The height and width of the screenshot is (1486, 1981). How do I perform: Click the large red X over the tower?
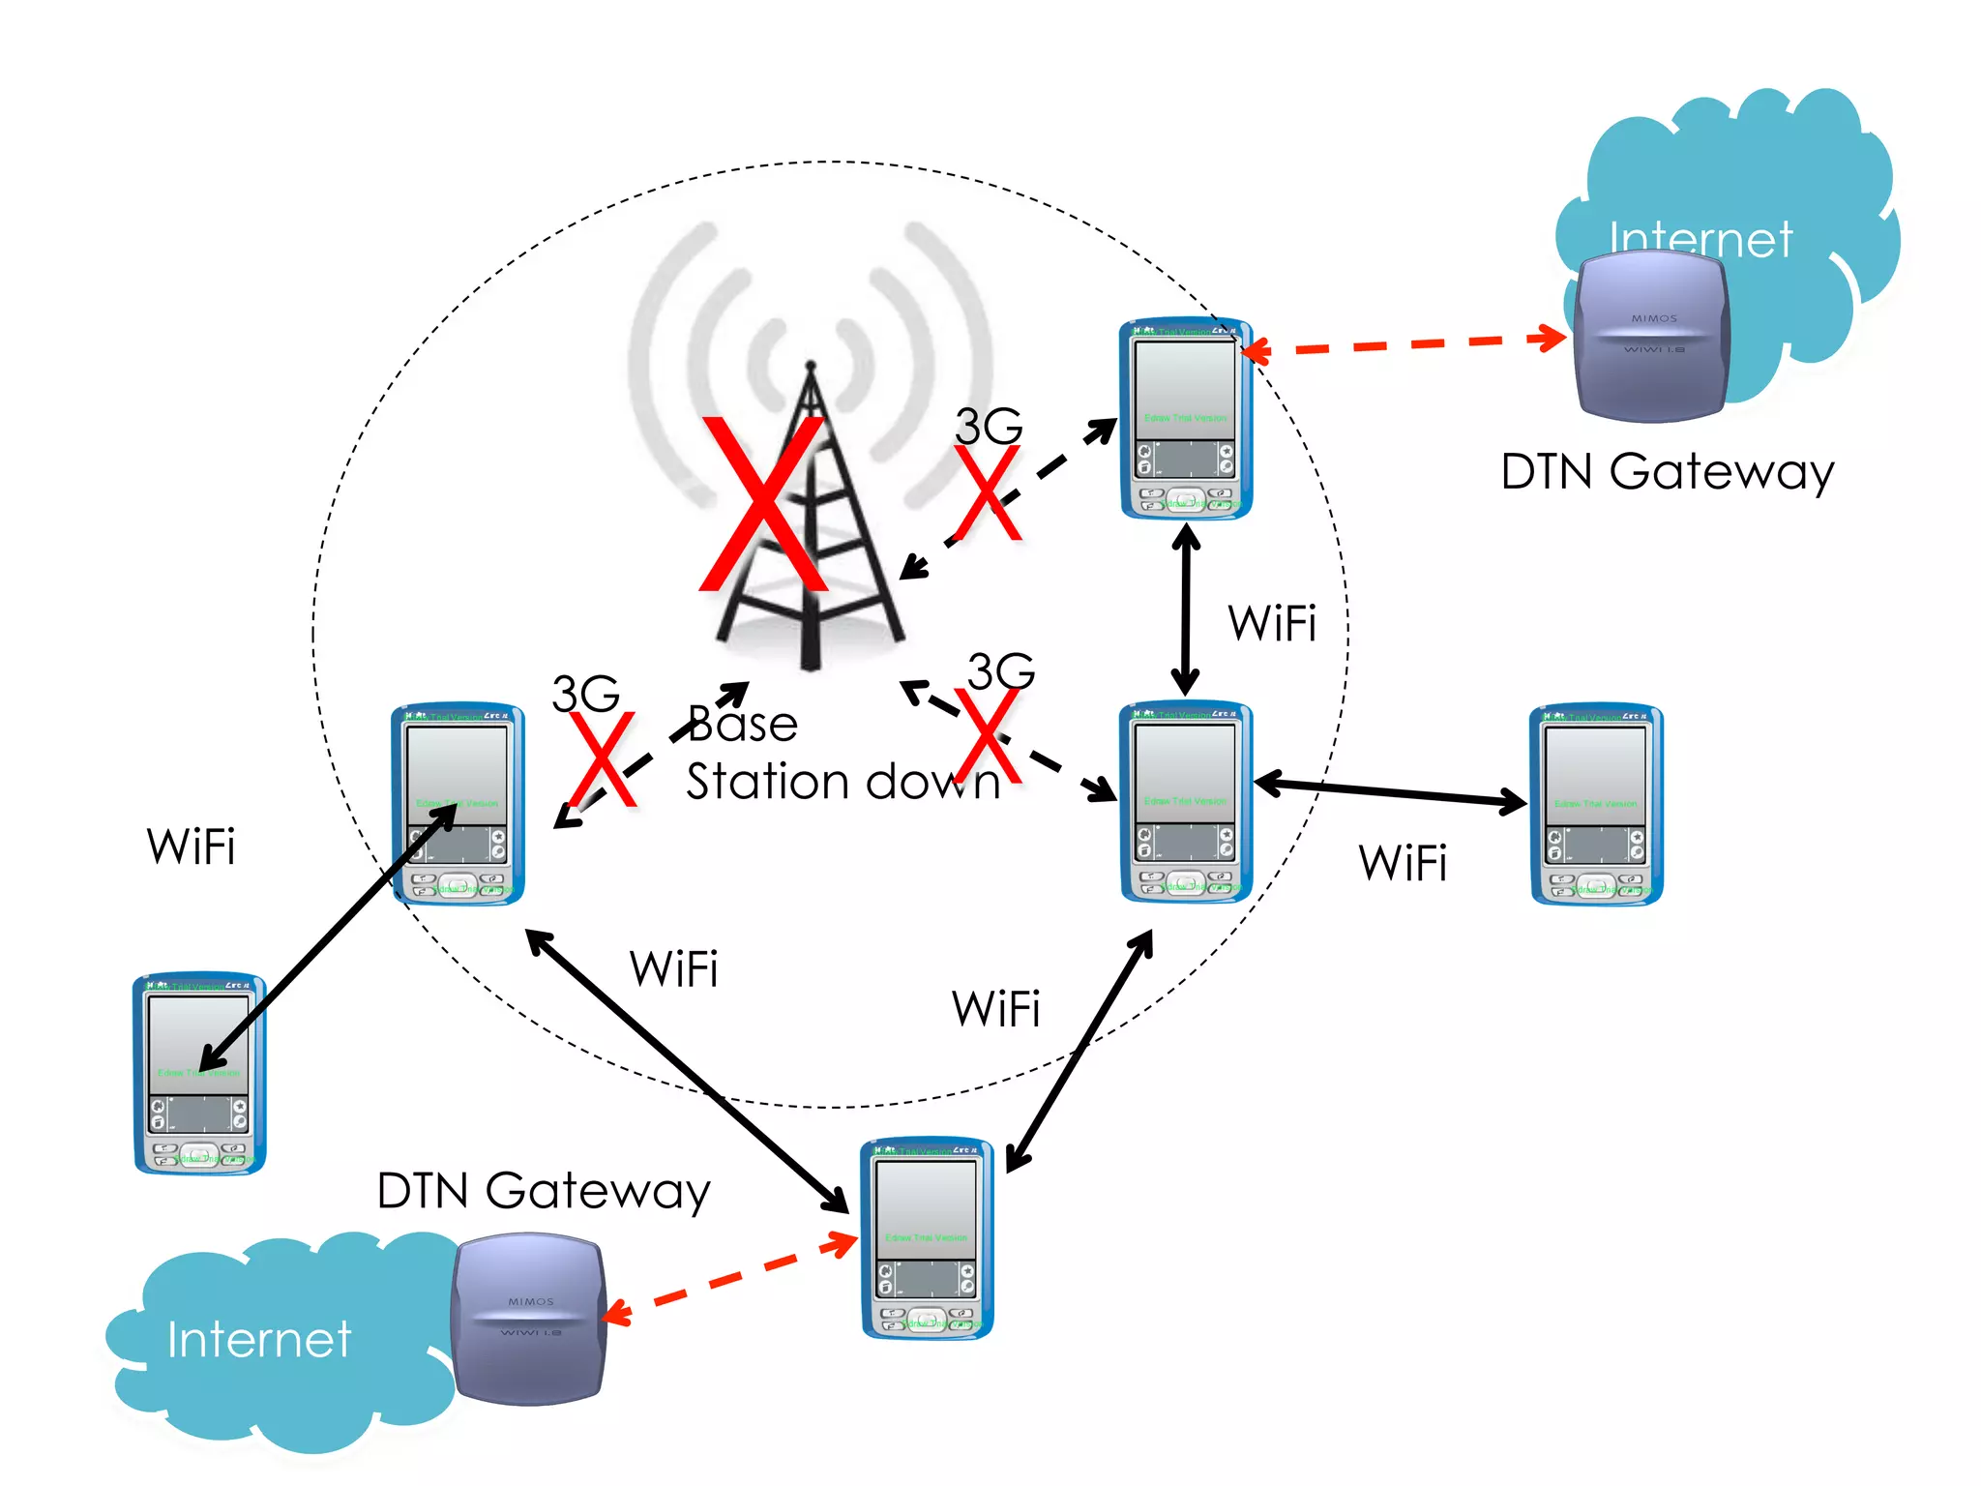(x=764, y=503)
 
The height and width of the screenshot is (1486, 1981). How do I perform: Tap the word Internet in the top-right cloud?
(x=1700, y=239)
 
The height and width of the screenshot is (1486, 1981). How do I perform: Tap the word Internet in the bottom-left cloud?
(x=258, y=1340)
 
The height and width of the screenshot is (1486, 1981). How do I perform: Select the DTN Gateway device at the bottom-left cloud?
(x=529, y=1320)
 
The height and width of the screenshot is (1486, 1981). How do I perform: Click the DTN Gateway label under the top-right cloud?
(x=1667, y=473)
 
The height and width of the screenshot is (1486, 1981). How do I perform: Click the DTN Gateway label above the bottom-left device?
(x=544, y=1191)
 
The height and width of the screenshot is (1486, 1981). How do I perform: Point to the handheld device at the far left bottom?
(x=199, y=1074)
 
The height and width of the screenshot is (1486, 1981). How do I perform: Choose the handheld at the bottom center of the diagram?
(x=927, y=1239)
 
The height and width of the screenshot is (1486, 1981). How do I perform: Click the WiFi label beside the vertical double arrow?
(x=1272, y=623)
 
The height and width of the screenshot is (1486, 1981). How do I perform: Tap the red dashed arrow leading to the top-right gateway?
(x=1403, y=344)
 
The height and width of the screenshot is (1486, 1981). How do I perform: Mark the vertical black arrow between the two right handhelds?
(x=1186, y=609)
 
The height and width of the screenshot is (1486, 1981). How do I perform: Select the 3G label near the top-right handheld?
(x=989, y=426)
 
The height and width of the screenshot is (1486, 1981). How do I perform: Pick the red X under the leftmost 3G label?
(x=603, y=760)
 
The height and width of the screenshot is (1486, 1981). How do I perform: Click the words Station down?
(x=842, y=782)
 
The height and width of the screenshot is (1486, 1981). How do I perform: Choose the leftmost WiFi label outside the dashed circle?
(x=191, y=847)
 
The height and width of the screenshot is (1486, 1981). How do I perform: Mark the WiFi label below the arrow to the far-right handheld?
(x=1403, y=863)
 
